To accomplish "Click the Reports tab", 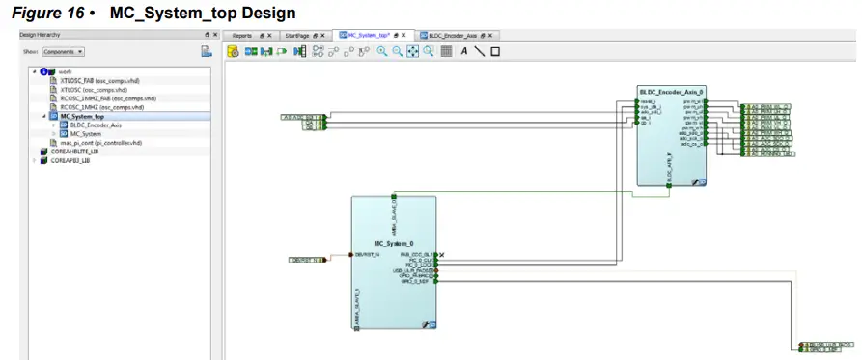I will pos(242,34).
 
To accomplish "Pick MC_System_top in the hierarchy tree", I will pos(83,116).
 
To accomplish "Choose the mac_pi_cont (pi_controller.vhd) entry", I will pos(100,142).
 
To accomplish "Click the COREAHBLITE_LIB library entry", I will pos(75,152).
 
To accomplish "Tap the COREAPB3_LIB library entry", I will pos(72,160).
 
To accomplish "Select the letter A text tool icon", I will pos(463,51).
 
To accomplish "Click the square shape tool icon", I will pos(495,51).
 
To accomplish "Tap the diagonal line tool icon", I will pos(479,51).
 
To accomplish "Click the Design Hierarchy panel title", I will pos(42,34).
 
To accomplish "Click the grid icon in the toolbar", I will pos(446,51).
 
